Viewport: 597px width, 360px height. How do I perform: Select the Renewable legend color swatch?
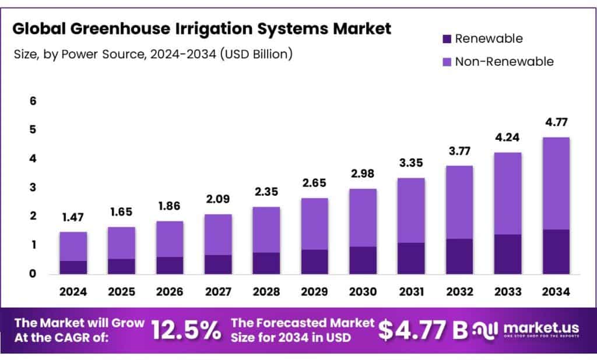pos(447,39)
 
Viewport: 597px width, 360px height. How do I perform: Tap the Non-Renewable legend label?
pos(504,61)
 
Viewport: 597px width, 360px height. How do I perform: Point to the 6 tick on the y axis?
pos(33,101)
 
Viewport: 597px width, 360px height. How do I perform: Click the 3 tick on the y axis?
pos(33,188)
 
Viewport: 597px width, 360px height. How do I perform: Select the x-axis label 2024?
pos(73,291)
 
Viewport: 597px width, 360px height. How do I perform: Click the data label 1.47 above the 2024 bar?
pos(73,218)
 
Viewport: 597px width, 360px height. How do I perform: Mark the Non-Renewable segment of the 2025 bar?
pos(121,243)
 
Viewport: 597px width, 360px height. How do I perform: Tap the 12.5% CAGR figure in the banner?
pos(186,330)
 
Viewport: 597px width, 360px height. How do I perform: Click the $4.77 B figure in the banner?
pos(423,330)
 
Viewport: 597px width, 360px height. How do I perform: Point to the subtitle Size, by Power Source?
pos(153,54)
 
